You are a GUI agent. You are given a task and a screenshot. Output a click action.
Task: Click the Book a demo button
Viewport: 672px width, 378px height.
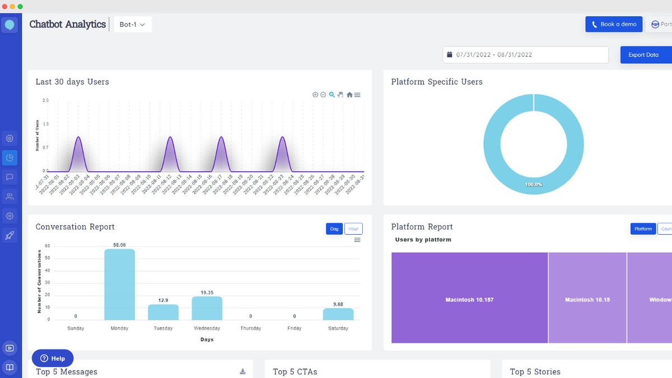pyautogui.click(x=614, y=24)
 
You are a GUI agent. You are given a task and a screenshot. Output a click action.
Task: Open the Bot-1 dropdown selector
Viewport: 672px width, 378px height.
pyautogui.click(x=133, y=25)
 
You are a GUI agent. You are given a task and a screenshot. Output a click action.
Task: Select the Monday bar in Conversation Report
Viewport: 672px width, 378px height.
pyautogui.click(x=119, y=284)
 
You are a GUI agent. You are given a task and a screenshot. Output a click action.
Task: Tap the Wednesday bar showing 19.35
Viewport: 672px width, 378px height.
pyautogui.click(x=207, y=308)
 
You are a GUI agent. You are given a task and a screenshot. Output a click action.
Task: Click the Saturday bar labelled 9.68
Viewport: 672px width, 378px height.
pyautogui.click(x=338, y=314)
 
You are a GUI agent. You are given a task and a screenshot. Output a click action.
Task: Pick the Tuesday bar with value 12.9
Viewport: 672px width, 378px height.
pyautogui.click(x=163, y=312)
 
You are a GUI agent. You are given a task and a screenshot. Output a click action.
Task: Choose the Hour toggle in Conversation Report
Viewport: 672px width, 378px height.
pyautogui.click(x=353, y=228)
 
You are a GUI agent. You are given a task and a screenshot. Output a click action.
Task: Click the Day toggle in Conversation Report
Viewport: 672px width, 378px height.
pyautogui.click(x=334, y=228)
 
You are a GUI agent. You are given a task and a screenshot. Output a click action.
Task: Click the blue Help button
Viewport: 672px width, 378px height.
pyautogui.click(x=53, y=358)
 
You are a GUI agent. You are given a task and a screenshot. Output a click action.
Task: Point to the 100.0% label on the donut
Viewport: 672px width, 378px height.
pyautogui.click(x=533, y=184)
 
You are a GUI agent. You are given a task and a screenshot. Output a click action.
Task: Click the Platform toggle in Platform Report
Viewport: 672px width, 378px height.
pyautogui.click(x=643, y=228)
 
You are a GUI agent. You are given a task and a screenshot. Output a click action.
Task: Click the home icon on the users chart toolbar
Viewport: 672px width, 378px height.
pyautogui.click(x=349, y=95)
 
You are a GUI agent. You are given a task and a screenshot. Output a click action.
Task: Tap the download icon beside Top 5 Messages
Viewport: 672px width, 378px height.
pyautogui.click(x=242, y=371)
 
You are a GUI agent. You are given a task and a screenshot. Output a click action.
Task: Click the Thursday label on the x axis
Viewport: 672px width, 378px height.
pyautogui.click(x=250, y=328)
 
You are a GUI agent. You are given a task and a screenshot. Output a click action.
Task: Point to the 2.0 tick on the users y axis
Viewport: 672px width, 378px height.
pyautogui.click(x=45, y=100)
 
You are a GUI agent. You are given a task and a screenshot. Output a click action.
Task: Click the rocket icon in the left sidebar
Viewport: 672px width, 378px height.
pyautogui.click(x=10, y=235)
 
